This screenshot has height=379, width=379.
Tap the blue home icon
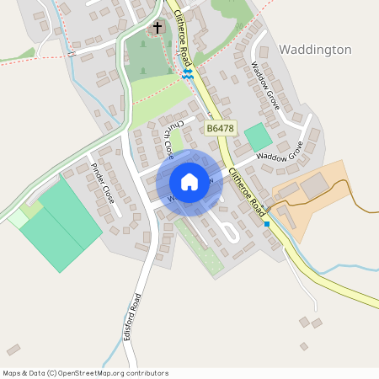pos(189,181)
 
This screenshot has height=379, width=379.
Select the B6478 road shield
pos(219,128)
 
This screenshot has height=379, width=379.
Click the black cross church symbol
pos(157,29)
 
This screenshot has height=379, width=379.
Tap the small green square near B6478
pos(258,137)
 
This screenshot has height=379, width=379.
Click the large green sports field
pos(61,226)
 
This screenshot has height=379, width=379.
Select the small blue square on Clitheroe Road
pos(267,224)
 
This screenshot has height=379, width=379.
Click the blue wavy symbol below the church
pos(187,74)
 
